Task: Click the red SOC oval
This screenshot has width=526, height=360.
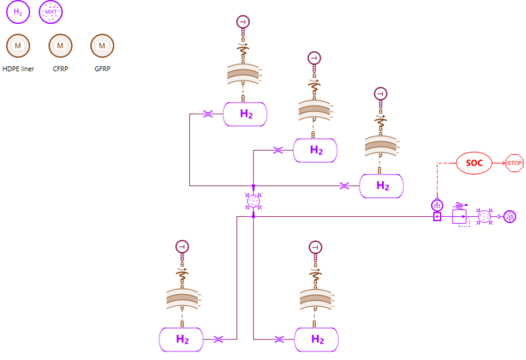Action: (474, 164)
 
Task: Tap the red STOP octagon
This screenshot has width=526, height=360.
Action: (514, 164)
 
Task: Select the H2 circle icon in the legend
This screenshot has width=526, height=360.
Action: (18, 12)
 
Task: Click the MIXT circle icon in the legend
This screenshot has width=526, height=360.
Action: (51, 12)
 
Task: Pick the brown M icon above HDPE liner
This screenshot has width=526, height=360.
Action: (18, 46)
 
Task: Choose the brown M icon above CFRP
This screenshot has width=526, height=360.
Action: (60, 46)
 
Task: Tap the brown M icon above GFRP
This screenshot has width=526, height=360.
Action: (102, 46)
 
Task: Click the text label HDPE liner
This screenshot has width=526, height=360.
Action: (18, 68)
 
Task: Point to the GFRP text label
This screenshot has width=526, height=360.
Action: (102, 68)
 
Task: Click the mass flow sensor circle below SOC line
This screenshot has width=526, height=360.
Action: (436, 205)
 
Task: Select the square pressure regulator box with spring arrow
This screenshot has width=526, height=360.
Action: (459, 217)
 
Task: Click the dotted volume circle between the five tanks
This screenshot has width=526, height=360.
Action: (253, 201)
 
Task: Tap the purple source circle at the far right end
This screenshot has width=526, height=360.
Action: (510, 217)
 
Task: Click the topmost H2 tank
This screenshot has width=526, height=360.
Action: (245, 114)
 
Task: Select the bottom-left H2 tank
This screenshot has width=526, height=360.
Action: (182, 339)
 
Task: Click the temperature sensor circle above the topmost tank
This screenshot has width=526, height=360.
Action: (243, 22)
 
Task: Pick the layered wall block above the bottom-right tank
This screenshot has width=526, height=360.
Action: (316, 298)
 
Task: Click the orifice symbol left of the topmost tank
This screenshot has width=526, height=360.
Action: (208, 114)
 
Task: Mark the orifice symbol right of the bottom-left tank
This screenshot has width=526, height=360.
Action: (218, 339)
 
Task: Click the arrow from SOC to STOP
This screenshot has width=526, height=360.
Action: (499, 164)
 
